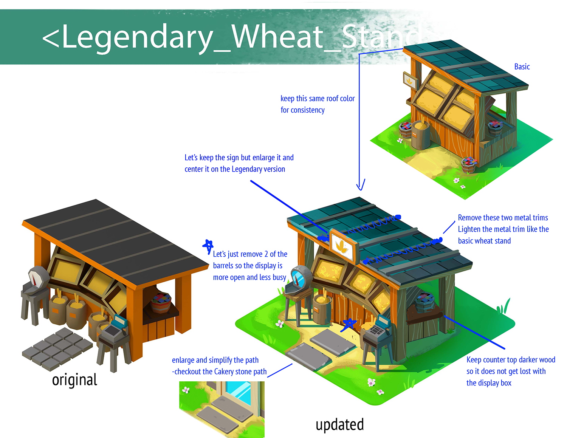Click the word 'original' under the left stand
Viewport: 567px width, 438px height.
pos(74,380)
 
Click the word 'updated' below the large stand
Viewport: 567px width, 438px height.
pos(339,425)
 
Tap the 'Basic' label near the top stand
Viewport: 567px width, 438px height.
pos(522,67)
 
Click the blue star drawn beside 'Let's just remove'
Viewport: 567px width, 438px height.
pos(208,246)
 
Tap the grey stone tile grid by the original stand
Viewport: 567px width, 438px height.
pos(57,348)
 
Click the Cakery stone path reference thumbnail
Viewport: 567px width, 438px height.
pos(222,409)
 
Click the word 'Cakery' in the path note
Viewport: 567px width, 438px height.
pos(223,372)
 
